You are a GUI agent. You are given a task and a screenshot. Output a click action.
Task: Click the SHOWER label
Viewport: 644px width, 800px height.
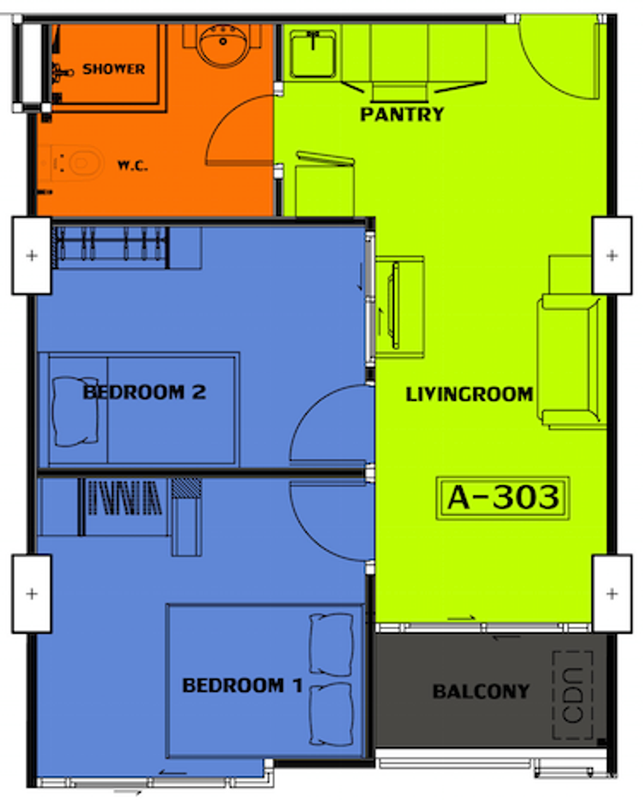point(113,69)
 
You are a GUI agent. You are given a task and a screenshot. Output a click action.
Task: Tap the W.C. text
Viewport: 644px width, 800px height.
point(133,165)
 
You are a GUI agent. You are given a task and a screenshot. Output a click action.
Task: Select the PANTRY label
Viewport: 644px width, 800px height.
point(402,114)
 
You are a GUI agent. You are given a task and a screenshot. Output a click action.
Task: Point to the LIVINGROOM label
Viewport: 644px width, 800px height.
point(469,395)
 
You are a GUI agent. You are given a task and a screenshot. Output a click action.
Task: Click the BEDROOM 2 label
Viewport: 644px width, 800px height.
point(143,392)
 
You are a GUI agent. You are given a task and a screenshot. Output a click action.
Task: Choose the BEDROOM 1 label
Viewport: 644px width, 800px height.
point(242,685)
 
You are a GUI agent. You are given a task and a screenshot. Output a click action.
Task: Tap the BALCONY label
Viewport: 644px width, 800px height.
point(481,691)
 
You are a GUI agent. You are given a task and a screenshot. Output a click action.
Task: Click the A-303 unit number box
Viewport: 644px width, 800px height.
point(503,498)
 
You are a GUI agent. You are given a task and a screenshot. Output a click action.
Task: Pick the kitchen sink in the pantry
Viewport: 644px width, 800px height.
point(313,52)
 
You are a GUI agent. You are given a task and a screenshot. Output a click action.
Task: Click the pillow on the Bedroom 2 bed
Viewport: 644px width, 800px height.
point(76,411)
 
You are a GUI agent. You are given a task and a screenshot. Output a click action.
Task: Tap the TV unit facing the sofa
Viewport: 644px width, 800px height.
point(400,306)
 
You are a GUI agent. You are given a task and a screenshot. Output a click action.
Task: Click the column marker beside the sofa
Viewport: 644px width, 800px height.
point(611,256)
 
